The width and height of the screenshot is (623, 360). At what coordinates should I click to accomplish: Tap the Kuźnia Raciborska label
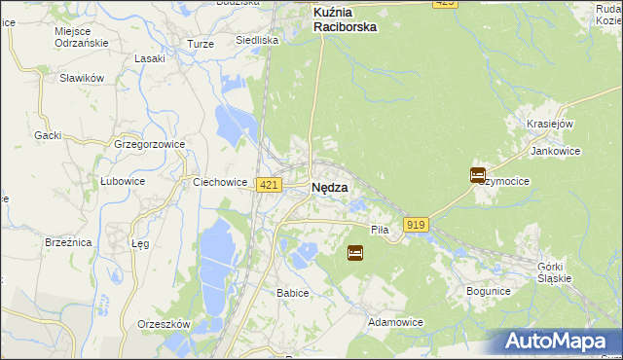tap(345, 20)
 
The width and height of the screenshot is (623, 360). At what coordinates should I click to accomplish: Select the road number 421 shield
tap(270, 185)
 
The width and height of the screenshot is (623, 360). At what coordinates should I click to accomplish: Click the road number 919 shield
tap(416, 225)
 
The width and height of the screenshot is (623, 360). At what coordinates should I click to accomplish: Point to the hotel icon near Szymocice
tap(478, 175)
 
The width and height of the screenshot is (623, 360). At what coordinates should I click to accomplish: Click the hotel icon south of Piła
tap(355, 253)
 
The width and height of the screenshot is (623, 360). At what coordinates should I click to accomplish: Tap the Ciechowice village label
tap(219, 181)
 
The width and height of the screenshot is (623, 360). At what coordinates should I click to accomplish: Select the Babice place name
tap(292, 293)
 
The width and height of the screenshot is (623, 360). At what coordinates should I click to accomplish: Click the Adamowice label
tap(394, 321)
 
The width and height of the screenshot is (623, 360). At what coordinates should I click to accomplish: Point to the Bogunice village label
tap(489, 290)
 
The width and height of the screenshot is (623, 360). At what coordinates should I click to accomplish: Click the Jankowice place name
tap(555, 151)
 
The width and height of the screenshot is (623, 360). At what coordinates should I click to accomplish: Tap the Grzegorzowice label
tap(149, 144)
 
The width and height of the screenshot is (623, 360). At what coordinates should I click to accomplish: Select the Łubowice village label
tap(123, 181)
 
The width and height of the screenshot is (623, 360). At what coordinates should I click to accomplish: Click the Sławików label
tap(81, 78)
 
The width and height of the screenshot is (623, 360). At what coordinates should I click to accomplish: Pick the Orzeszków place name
tap(164, 324)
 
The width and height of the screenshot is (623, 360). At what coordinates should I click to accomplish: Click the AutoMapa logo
tap(556, 342)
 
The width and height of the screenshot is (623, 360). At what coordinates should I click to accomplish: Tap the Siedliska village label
tap(258, 41)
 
